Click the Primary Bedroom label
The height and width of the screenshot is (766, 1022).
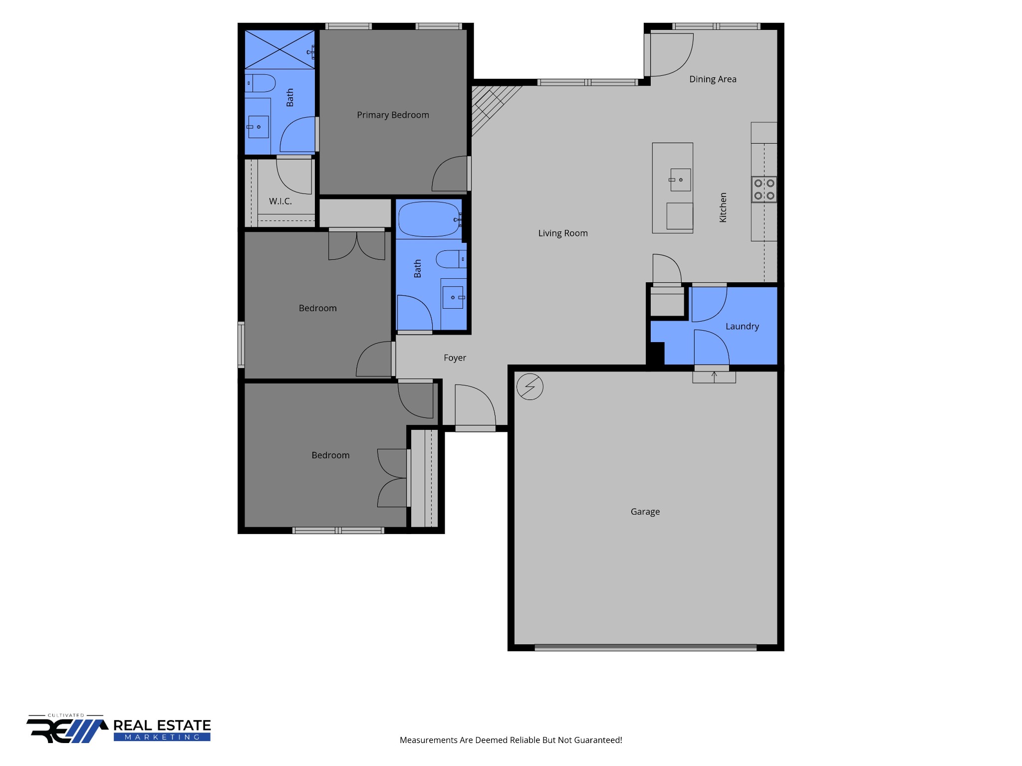point(393,115)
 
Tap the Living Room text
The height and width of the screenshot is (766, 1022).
point(563,233)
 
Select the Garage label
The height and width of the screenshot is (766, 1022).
point(645,512)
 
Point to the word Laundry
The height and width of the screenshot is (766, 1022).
point(742,327)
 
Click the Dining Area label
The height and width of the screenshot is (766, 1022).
point(713,79)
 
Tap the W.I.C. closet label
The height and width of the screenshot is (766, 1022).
point(280,201)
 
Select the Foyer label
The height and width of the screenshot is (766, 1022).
point(455,358)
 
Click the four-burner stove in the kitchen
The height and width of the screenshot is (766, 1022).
point(764,190)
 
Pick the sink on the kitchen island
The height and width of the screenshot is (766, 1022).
point(680,180)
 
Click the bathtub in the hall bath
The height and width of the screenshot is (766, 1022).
point(429,219)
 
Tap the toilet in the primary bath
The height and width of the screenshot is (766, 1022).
point(260,83)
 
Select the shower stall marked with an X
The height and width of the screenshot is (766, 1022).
point(279,49)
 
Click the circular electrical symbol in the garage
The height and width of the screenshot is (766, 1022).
point(529,386)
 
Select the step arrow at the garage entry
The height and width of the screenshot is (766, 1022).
point(714,377)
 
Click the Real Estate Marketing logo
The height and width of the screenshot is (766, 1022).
point(119,729)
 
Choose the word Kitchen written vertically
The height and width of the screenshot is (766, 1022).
point(723,207)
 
